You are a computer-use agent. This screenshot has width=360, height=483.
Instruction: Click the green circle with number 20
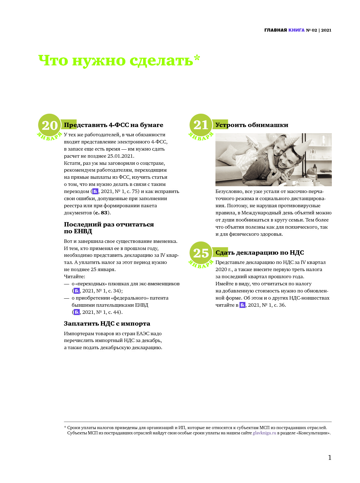click(x=50, y=125)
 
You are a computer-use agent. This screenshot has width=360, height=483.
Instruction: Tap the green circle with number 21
click(x=201, y=125)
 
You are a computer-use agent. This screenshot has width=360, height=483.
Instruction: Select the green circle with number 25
click(x=201, y=252)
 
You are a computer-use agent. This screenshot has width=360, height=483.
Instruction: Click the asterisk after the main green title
click(x=197, y=58)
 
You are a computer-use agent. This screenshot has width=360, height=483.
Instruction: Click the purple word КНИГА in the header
click(x=296, y=30)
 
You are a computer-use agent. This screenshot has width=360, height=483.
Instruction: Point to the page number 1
click(x=329, y=458)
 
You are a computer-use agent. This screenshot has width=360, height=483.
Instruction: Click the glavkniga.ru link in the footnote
click(x=264, y=433)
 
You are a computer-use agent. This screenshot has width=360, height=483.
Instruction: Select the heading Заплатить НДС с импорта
click(x=107, y=323)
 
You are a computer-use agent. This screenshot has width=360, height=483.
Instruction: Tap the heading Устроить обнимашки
click(x=252, y=125)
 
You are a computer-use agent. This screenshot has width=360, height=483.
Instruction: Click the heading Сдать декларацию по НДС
click(x=260, y=252)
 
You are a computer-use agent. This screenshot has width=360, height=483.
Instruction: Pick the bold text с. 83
click(x=101, y=213)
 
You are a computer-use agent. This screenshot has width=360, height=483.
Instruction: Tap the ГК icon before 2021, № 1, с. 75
click(x=95, y=191)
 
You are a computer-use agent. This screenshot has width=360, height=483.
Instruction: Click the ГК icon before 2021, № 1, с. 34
click(x=77, y=291)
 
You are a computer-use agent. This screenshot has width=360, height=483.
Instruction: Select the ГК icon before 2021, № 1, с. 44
click(x=77, y=312)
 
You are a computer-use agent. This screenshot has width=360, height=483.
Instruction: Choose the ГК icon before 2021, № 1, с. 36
click(x=242, y=305)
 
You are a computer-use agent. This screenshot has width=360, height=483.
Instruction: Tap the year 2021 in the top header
click(x=326, y=30)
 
